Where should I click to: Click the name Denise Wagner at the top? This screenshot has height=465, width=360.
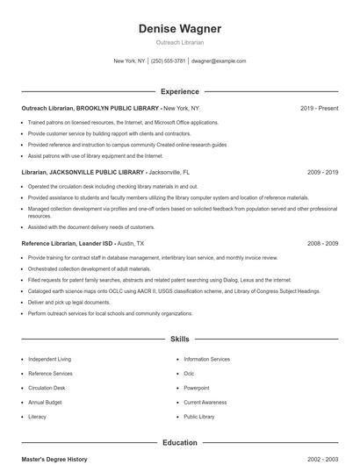coord(179,29)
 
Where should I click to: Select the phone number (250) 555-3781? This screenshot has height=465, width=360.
coord(169,61)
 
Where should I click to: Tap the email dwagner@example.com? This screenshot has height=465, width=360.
coord(218,61)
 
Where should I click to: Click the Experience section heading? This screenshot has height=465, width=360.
coord(179,91)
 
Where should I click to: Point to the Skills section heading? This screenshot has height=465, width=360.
coord(179,338)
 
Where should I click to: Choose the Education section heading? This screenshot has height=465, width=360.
coord(179,443)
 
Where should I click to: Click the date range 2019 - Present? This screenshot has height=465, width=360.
coord(319,108)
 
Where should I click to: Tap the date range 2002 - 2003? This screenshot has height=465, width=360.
coord(322,460)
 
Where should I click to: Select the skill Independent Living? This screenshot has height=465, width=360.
coord(50,359)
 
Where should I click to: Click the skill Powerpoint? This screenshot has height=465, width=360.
coord(197,388)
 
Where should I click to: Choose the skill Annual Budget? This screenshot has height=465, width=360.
coord(46,402)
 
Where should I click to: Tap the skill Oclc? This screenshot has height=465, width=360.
coord(189,373)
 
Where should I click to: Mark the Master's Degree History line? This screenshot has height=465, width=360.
coord(54,460)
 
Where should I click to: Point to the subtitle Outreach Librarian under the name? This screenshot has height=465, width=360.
coord(179,42)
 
